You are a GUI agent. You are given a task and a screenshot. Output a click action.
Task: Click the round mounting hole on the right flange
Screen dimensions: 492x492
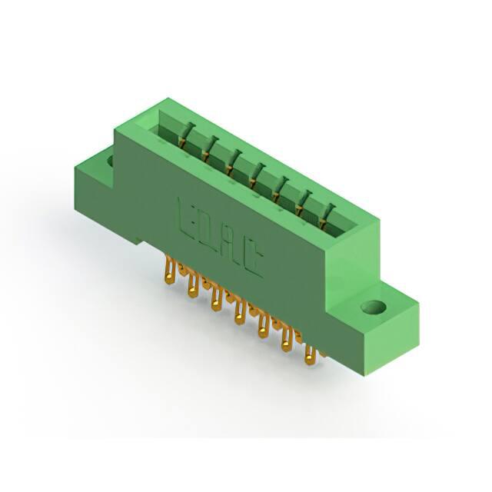(x=373, y=307)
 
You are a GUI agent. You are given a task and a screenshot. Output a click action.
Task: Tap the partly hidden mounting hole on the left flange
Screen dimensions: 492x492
(x=110, y=161)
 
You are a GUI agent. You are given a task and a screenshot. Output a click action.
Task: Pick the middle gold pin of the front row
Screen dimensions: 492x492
(x=240, y=312)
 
